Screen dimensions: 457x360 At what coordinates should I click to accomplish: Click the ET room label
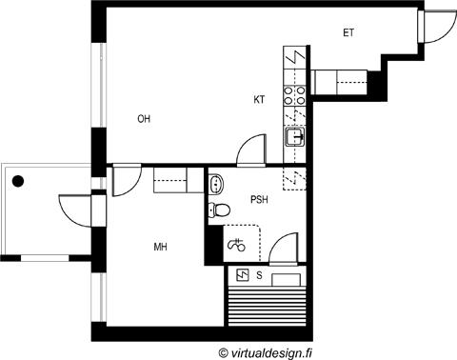(348, 32)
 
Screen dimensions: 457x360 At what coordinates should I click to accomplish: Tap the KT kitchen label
(259, 100)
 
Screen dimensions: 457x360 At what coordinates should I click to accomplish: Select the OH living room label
(144, 119)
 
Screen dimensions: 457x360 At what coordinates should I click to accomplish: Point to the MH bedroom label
(161, 247)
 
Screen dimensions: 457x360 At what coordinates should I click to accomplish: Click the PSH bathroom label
(259, 200)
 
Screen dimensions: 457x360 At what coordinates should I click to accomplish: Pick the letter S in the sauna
(259, 275)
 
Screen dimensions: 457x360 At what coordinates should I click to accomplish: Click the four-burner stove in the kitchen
(294, 95)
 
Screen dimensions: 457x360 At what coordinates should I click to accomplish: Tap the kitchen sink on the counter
(295, 137)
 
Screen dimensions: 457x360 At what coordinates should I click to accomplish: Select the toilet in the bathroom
(219, 210)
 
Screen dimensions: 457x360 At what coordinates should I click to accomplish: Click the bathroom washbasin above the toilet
(216, 184)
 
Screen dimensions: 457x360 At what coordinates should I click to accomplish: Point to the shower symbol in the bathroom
(237, 245)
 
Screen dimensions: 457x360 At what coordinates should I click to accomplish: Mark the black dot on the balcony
(18, 181)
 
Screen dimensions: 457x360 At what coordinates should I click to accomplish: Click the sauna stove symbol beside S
(243, 275)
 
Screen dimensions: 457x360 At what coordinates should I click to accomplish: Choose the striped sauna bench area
(267, 307)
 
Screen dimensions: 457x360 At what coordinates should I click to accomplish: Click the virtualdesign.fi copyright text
(266, 352)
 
